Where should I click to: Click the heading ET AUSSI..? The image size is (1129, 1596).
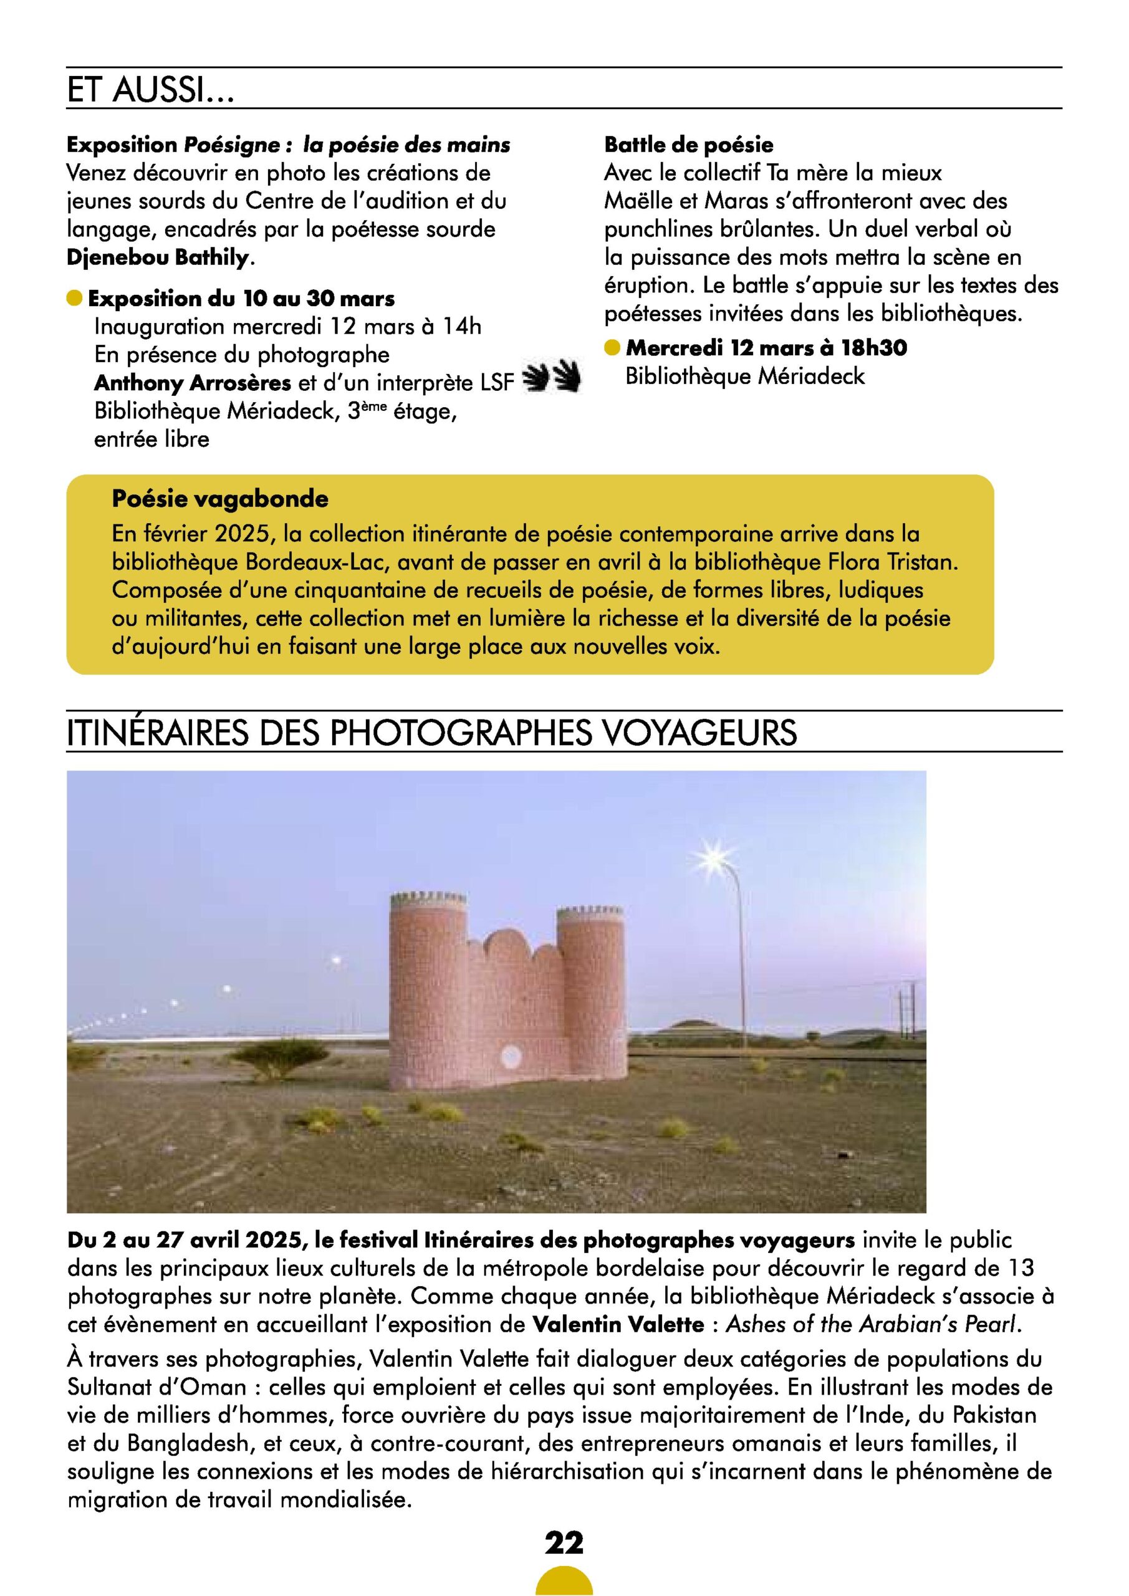pyautogui.click(x=150, y=90)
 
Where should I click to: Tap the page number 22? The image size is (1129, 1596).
pyautogui.click(x=564, y=1542)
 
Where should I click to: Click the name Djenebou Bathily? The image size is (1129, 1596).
pyautogui.click(x=157, y=258)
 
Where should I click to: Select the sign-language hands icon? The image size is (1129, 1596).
pyautogui.click(x=550, y=377)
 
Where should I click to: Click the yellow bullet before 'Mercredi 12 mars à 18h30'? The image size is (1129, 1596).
pyautogui.click(x=612, y=347)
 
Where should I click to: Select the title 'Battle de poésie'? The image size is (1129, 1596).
pyautogui.click(x=688, y=145)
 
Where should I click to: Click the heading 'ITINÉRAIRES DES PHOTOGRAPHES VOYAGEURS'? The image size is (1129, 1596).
pyautogui.click(x=431, y=733)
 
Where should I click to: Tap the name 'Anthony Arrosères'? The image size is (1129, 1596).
pyautogui.click(x=193, y=383)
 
